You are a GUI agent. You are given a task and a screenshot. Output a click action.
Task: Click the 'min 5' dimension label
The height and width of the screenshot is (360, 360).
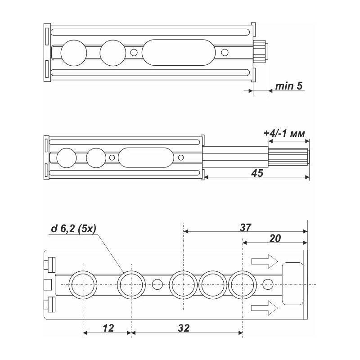click(x=288, y=86)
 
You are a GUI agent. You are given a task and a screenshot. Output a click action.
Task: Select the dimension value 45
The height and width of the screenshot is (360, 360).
click(x=256, y=172)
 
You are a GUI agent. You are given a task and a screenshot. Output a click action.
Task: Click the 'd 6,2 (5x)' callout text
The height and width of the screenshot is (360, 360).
click(x=72, y=229)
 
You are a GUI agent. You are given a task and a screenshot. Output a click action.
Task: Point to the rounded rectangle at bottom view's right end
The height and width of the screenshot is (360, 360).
click(x=292, y=283)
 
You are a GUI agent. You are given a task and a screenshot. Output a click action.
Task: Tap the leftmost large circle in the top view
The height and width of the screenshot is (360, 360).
click(x=73, y=53)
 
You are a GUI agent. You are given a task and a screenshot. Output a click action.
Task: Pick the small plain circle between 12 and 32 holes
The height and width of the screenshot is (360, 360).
click(x=157, y=284)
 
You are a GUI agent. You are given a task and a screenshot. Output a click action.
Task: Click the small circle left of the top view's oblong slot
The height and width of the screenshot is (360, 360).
click(x=133, y=53)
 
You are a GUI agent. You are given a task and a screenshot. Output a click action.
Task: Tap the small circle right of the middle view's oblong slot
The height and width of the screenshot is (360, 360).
click(x=181, y=157)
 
